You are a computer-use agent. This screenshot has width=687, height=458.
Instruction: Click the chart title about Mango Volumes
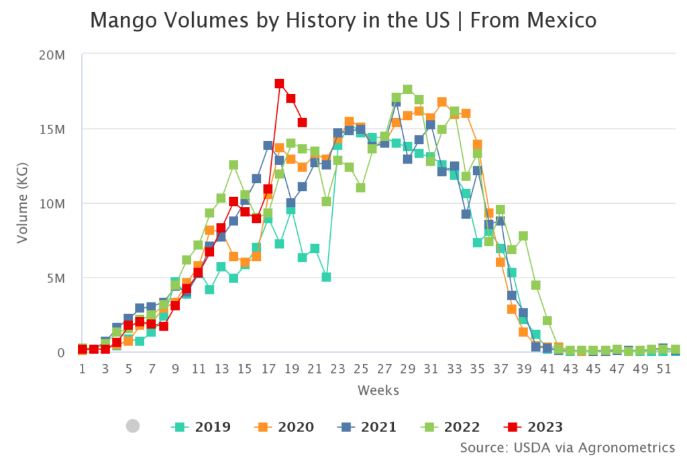click(x=343, y=20)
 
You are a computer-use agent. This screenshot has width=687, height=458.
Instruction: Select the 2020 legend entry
click(x=284, y=426)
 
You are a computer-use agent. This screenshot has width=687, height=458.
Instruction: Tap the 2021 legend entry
click(x=367, y=426)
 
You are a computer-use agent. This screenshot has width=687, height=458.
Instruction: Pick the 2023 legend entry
click(x=533, y=426)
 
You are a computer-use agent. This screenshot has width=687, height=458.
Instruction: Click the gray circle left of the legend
click(x=133, y=426)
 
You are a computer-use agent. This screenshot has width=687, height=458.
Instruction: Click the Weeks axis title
click(x=378, y=390)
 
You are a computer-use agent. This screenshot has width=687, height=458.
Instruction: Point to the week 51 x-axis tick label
click(x=663, y=369)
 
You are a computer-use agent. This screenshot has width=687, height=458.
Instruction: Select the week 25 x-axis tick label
click(x=360, y=369)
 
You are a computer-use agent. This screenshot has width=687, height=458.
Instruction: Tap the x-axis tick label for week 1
click(x=82, y=369)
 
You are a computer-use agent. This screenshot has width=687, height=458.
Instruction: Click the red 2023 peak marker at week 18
click(x=279, y=84)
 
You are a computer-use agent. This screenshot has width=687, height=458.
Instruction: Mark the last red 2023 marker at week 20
click(x=303, y=123)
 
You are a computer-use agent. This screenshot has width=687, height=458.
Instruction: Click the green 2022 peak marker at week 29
click(x=407, y=90)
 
